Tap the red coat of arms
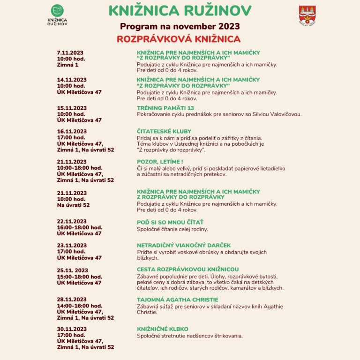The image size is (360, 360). pos(307,15)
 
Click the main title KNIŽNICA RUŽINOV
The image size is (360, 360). pos(180,10)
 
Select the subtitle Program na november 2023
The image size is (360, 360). pos(180,26)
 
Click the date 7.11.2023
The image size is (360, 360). pos(70,52)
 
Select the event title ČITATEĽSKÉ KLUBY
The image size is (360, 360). pos(164,132)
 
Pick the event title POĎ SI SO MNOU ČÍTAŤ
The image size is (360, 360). pos(170,222)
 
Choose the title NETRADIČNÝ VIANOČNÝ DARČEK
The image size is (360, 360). pos(184,246)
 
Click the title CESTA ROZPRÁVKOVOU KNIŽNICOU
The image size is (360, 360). pos(187,270)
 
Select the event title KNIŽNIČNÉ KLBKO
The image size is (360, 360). pos(163,329)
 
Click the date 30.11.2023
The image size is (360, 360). pos(72,329)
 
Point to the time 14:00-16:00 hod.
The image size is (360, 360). pos(80,306)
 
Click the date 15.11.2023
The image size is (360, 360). pos(72,108)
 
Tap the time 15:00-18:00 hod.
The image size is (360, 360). pos(80,277)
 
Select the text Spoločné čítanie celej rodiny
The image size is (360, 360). pos(172,229)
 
